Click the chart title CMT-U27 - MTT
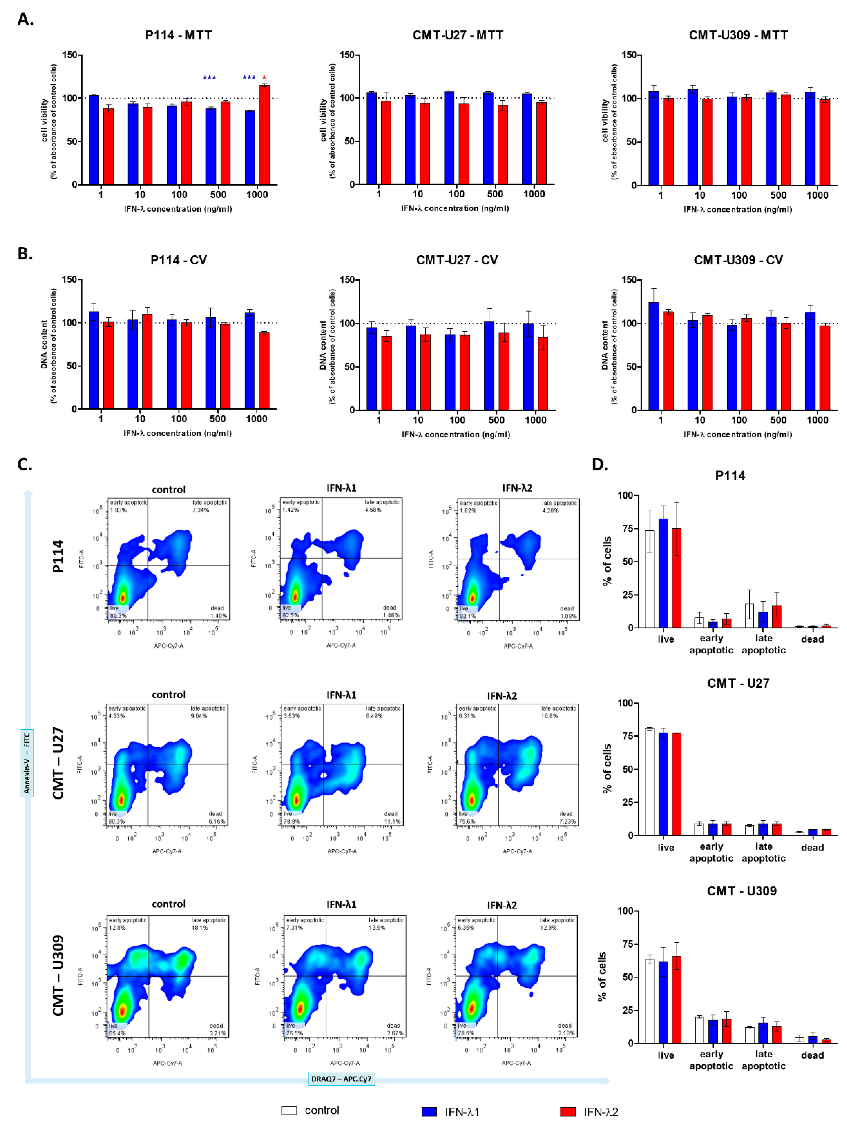tap(457, 35)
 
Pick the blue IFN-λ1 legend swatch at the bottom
tap(429, 1111)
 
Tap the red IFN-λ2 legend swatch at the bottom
tap(568, 1111)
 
